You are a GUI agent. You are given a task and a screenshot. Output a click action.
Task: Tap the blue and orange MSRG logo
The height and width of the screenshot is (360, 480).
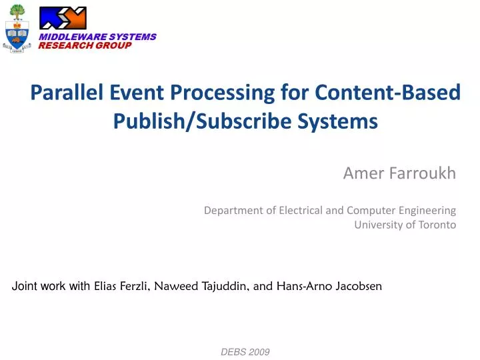[x=63, y=17]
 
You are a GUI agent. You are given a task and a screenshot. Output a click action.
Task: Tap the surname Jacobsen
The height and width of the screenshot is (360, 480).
[x=359, y=287]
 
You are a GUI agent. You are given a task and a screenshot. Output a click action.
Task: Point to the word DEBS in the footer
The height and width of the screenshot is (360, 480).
[x=233, y=351]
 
